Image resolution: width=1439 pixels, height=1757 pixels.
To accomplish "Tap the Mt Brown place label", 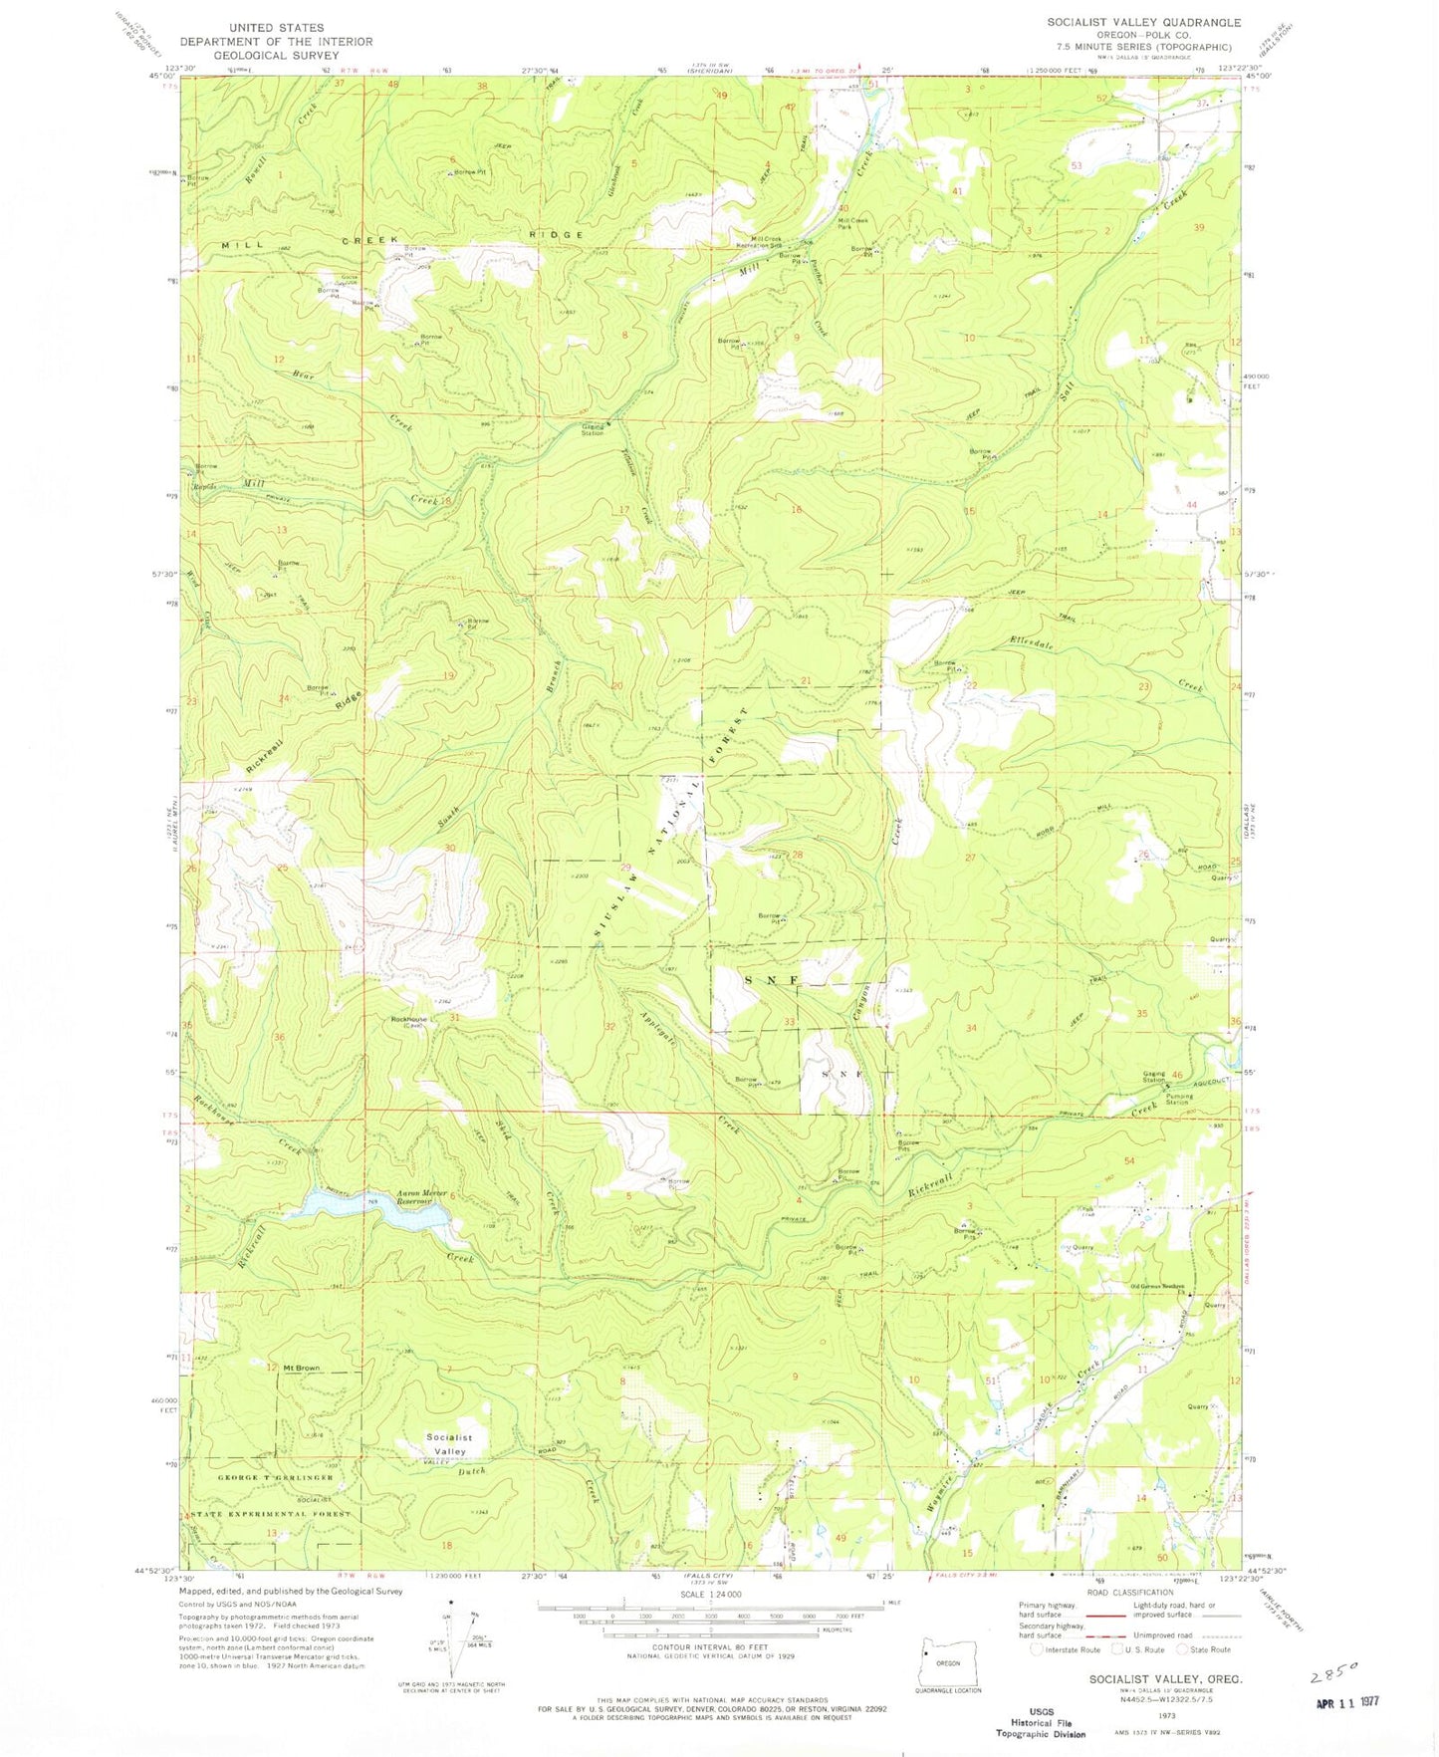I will click(x=301, y=1369).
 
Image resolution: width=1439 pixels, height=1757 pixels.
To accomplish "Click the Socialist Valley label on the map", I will click(x=449, y=1444).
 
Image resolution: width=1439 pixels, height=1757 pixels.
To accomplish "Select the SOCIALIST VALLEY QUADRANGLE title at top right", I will click(x=1143, y=22).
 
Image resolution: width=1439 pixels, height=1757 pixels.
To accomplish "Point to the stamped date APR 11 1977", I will click(x=1346, y=1702).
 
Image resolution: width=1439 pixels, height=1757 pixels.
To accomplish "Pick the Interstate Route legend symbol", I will click(x=1036, y=1649).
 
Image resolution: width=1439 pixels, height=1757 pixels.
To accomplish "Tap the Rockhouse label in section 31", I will click(x=408, y=1019).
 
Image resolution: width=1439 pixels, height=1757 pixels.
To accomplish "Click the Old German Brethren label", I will click(x=1156, y=1286).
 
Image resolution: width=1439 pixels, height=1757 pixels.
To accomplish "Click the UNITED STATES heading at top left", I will click(x=275, y=28).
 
